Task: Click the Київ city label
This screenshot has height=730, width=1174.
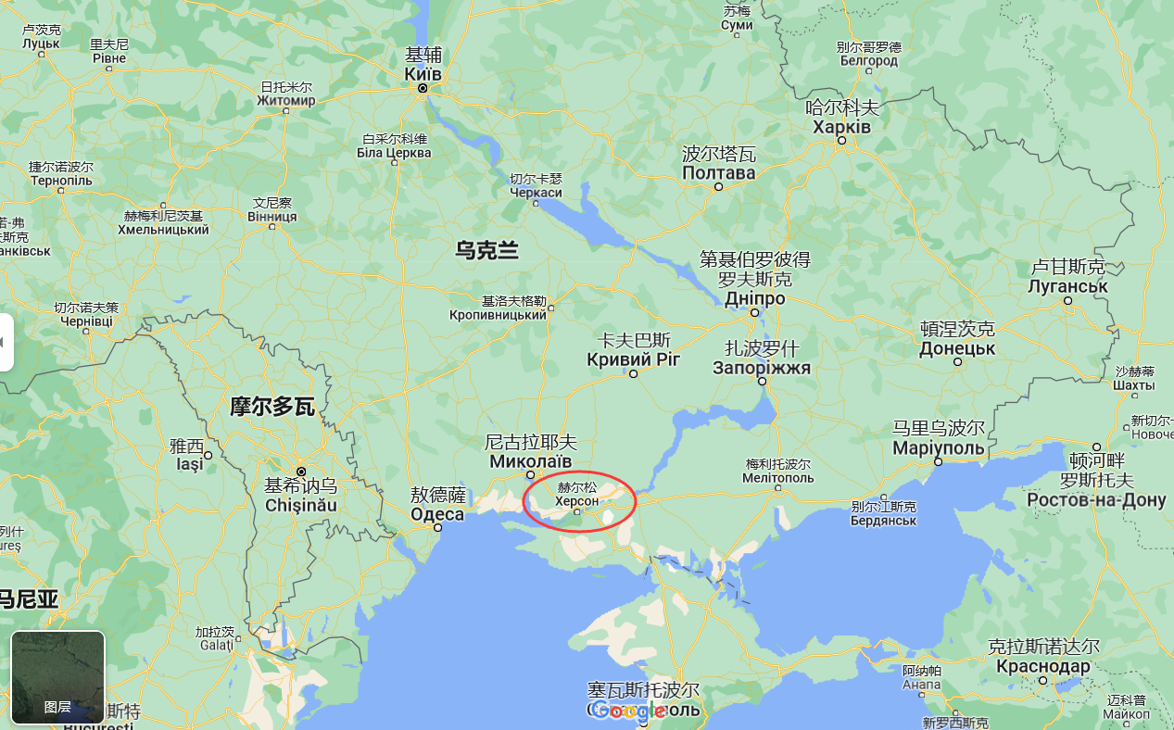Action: click(x=423, y=74)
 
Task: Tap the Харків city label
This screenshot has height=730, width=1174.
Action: click(x=841, y=127)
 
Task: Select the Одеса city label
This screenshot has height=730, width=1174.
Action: click(x=437, y=514)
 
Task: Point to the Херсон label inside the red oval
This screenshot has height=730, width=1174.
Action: click(x=576, y=500)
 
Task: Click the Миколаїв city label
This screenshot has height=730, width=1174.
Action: click(x=531, y=461)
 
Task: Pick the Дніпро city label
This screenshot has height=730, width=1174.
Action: click(x=754, y=299)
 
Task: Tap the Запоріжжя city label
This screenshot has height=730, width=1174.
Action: click(x=762, y=368)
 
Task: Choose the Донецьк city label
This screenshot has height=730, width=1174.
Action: click(x=957, y=349)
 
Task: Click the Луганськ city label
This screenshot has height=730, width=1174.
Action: click(x=1067, y=286)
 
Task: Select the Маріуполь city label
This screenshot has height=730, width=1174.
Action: click(x=938, y=447)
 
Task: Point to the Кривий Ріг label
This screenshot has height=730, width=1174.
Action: click(x=634, y=359)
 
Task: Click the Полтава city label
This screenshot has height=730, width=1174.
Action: click(x=719, y=173)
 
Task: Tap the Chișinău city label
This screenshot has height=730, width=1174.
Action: click(x=301, y=506)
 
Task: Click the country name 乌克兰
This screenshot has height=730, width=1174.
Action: click(x=487, y=249)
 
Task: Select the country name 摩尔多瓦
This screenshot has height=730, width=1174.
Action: click(x=272, y=406)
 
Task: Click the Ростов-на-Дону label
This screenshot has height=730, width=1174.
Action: click(x=1096, y=500)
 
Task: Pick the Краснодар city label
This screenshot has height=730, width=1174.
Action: click(x=1043, y=666)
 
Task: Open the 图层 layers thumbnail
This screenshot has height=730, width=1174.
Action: click(x=57, y=677)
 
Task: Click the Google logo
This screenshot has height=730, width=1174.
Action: click(x=629, y=711)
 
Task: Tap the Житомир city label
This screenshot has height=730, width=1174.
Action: click(x=286, y=100)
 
